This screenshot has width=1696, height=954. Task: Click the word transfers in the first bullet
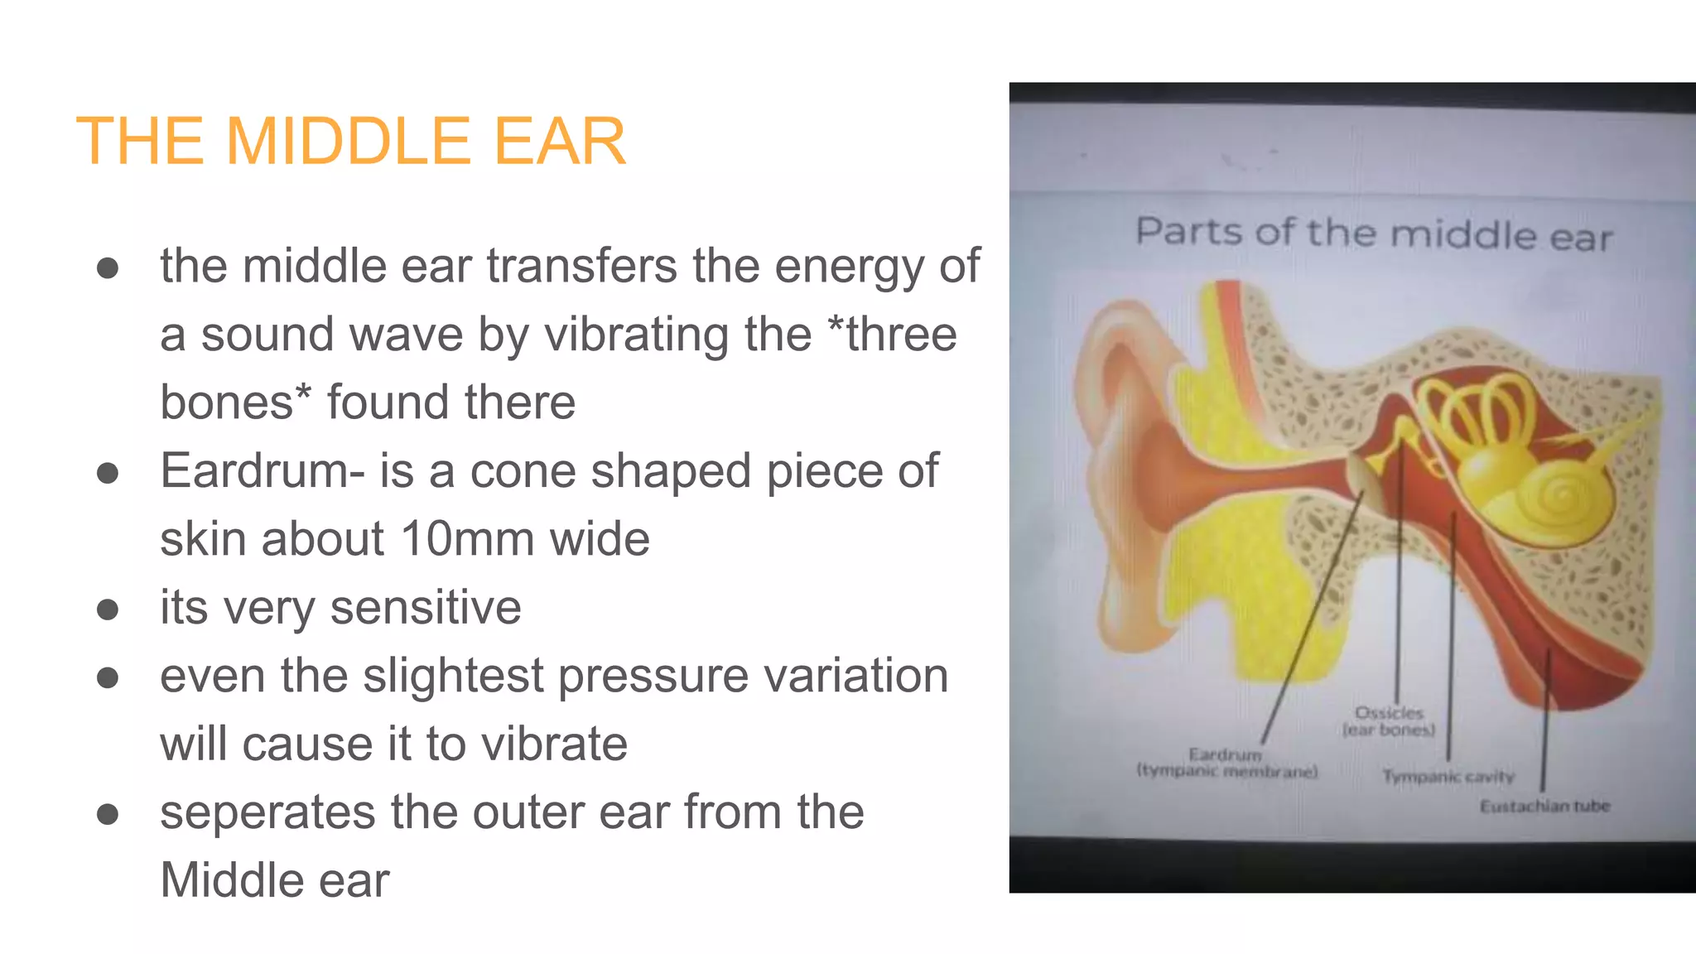tap(583, 266)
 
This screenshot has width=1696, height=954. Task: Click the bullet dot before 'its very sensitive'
tap(107, 609)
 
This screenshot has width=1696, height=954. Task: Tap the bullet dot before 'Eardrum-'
tap(107, 473)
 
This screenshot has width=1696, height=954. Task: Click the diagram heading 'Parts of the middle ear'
tap(1374, 234)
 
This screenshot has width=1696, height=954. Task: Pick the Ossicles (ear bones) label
tap(1389, 721)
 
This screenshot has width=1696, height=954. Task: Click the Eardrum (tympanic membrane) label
tap(1226, 763)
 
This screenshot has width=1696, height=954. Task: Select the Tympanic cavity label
tap(1448, 777)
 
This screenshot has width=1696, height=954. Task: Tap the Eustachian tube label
tap(1544, 806)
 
